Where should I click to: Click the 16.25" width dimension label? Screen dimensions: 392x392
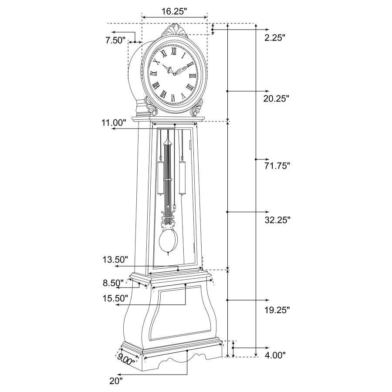pyautogui.click(x=174, y=11)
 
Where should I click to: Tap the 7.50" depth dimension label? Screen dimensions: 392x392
pyautogui.click(x=115, y=40)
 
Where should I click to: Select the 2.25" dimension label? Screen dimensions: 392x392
pyautogui.click(x=275, y=38)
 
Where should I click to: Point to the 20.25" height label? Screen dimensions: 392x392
pyautogui.click(x=276, y=98)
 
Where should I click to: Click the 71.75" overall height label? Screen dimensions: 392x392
pyautogui.click(x=277, y=166)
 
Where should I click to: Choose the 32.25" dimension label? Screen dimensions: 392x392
pyautogui.click(x=277, y=220)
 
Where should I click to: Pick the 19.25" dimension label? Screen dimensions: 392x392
pyautogui.click(x=277, y=310)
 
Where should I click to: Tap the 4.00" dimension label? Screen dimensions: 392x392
pyautogui.click(x=275, y=355)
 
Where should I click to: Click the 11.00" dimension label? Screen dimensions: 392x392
pyautogui.click(x=114, y=123)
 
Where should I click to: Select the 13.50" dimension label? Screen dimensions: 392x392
pyautogui.click(x=115, y=260)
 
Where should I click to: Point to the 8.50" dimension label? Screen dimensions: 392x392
pyautogui.click(x=113, y=283)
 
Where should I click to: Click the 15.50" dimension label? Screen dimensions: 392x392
pyautogui.click(x=115, y=298)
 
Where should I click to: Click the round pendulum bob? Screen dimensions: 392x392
pyautogui.click(x=169, y=241)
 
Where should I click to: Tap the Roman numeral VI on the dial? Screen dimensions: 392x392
pyautogui.click(x=173, y=98)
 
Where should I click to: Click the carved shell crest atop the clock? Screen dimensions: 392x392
pyautogui.click(x=175, y=31)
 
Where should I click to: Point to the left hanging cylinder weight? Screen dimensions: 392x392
pyautogui.click(x=160, y=178)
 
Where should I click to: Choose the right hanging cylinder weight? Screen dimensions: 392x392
pyautogui.click(x=182, y=178)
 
